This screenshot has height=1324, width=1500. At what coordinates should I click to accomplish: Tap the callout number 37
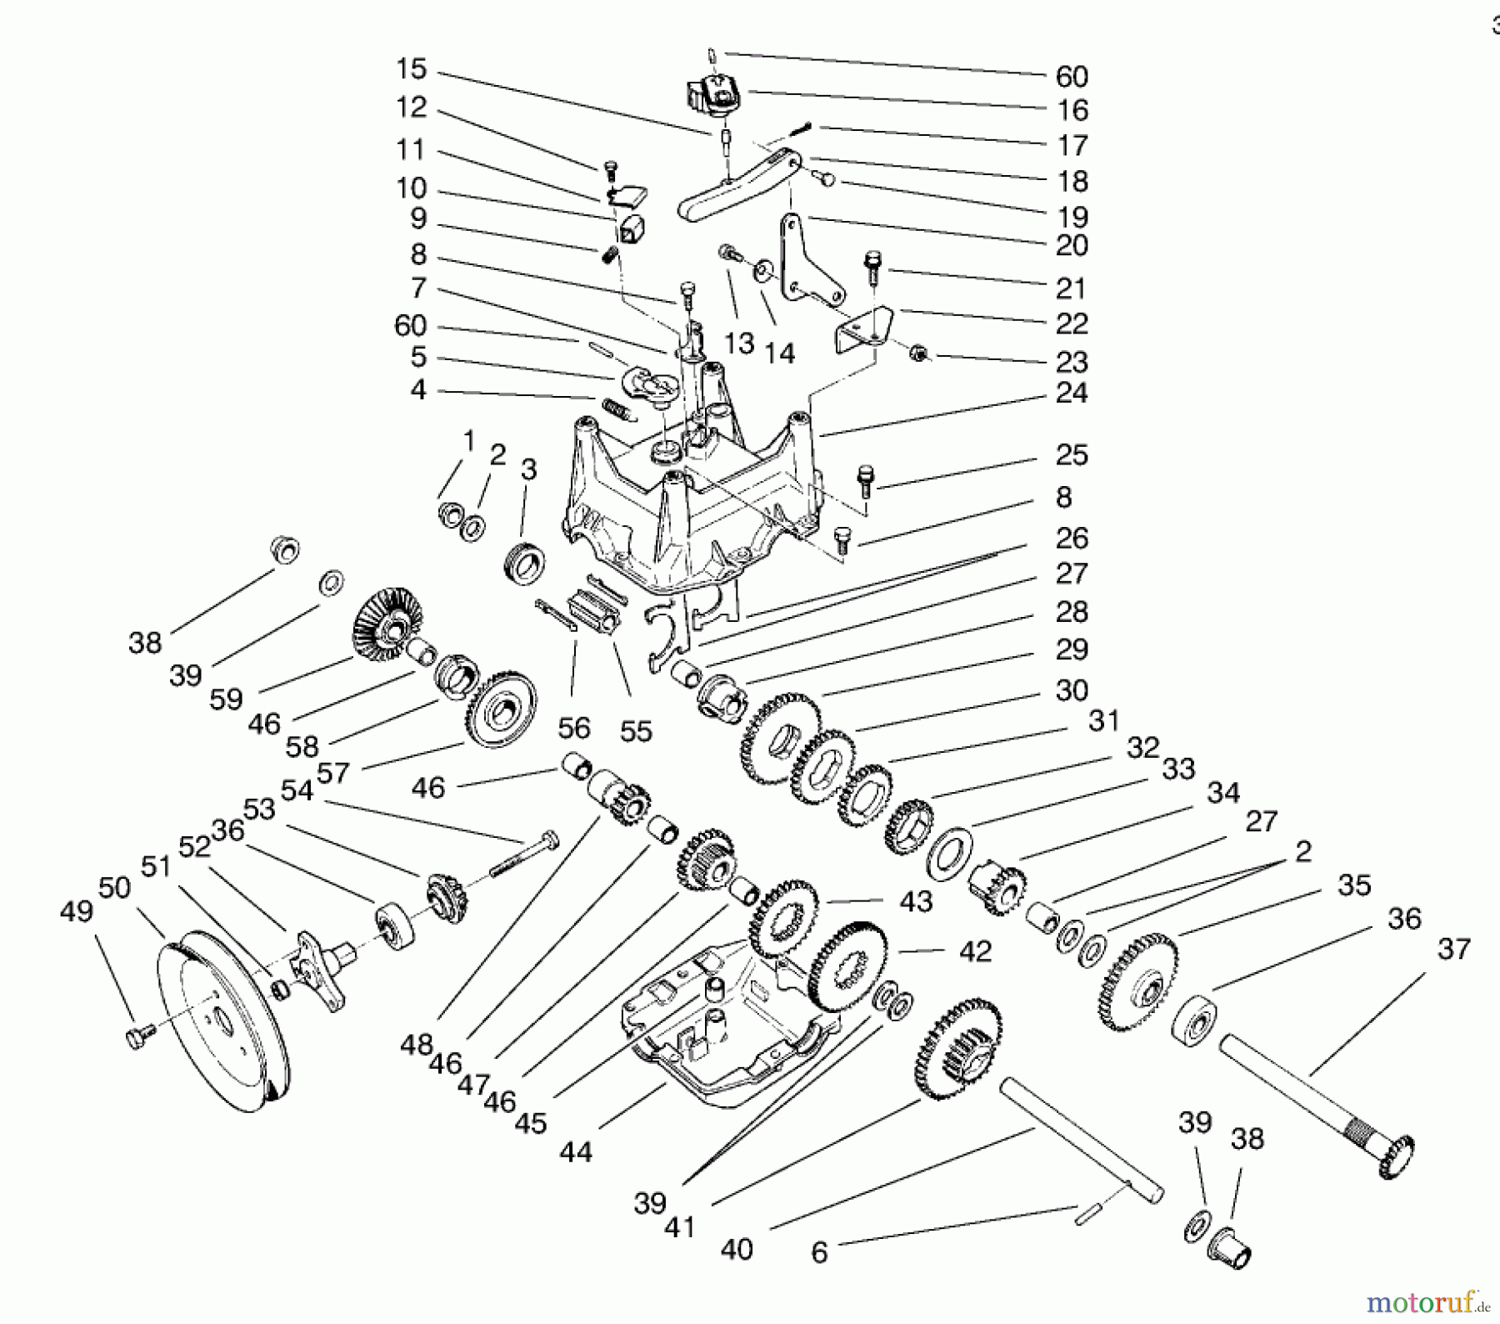[1453, 949]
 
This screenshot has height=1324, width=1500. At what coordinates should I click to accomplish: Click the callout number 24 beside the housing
[1071, 393]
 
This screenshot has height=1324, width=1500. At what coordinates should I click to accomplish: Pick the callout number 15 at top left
[411, 69]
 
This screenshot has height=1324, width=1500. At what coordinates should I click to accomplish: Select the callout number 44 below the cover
[575, 1152]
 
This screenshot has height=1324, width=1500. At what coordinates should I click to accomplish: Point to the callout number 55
[636, 731]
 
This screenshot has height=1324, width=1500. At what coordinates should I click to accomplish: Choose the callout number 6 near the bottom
[819, 1253]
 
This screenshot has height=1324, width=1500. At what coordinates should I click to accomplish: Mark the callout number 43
[916, 902]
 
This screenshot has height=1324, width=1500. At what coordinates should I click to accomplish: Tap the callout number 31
[1104, 720]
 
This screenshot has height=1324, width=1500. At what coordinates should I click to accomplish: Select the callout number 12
[411, 108]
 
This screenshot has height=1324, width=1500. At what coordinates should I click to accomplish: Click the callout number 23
[1071, 362]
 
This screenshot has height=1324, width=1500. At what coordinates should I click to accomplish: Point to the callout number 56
[573, 729]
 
